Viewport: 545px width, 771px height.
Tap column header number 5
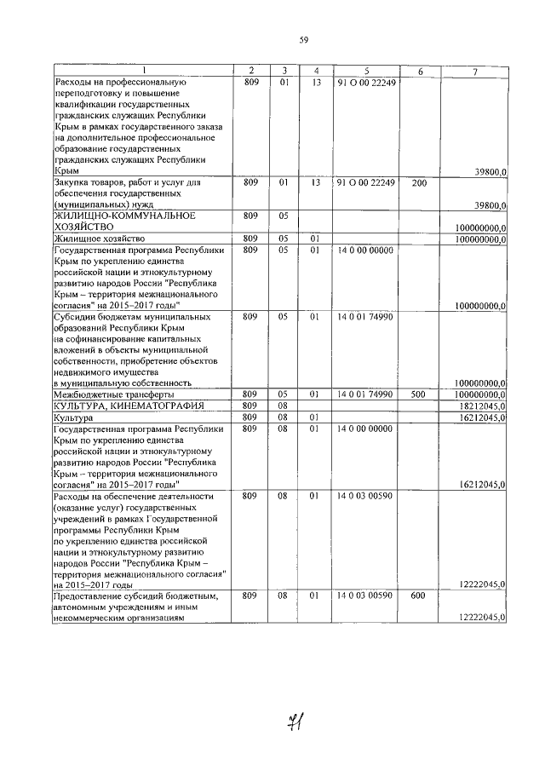(366, 71)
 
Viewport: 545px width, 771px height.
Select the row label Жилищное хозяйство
(100, 239)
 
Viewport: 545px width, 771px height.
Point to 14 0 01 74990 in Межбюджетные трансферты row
(365, 394)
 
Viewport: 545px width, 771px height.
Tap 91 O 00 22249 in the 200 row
(365, 182)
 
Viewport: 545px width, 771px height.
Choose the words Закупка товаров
(90, 182)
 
